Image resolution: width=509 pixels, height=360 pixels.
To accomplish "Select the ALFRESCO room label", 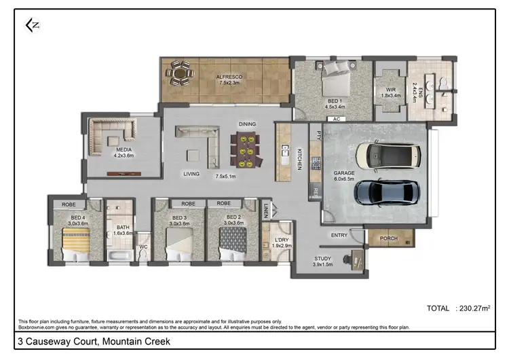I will pos(229,77).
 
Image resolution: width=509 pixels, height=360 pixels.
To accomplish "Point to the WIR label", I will pos(390,90).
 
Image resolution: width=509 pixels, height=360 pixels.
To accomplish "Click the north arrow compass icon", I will pos(32,25).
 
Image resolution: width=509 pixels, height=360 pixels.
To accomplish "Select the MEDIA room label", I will pos(124,150).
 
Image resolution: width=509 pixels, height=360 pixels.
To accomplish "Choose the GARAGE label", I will pos(344,173).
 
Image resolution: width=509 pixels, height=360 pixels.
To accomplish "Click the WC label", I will pos(143,247).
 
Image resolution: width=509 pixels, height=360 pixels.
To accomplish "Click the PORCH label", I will pos(388,238).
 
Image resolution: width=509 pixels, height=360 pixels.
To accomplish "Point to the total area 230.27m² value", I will pos(474,308).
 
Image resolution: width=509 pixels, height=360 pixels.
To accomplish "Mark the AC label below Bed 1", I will pos(336,119).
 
